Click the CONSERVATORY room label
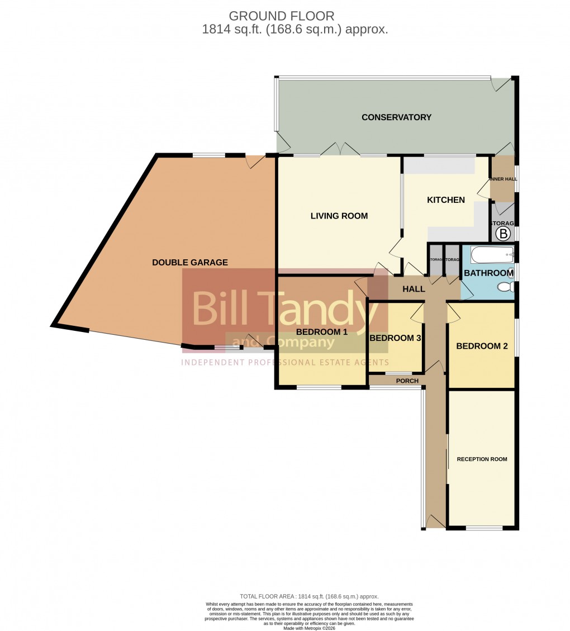(396, 117)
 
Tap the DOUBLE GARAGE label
(190, 262)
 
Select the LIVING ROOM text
(339, 216)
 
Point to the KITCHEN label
(446, 200)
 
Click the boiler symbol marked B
(504, 233)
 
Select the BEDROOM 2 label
(482, 346)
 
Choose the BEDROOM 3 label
(395, 338)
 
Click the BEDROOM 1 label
(322, 332)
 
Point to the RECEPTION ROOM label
(482, 459)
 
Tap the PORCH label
(407, 381)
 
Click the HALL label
(414, 289)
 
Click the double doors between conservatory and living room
(341, 149)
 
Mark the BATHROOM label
(488, 273)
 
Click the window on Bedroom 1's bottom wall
(319, 387)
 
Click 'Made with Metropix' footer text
(310, 628)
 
